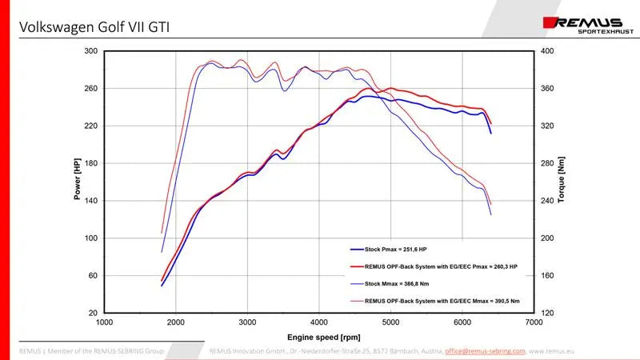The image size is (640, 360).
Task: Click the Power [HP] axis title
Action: pos(78,179)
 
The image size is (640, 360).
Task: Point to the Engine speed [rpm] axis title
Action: pos(319,337)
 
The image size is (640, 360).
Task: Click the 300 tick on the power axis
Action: pos(90,51)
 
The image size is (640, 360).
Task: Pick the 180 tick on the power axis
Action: pos(90,163)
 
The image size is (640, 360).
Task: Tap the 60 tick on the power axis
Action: pos(92,276)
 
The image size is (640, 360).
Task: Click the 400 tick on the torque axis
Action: pos(548,51)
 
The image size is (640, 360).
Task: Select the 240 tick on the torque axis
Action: pos(548,201)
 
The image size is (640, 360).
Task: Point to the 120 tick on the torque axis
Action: pos(548,313)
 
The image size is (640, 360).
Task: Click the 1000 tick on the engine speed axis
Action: pos(104,322)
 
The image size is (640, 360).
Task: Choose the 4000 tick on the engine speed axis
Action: pos(319,322)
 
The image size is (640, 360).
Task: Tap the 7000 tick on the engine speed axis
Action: pos(534,322)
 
